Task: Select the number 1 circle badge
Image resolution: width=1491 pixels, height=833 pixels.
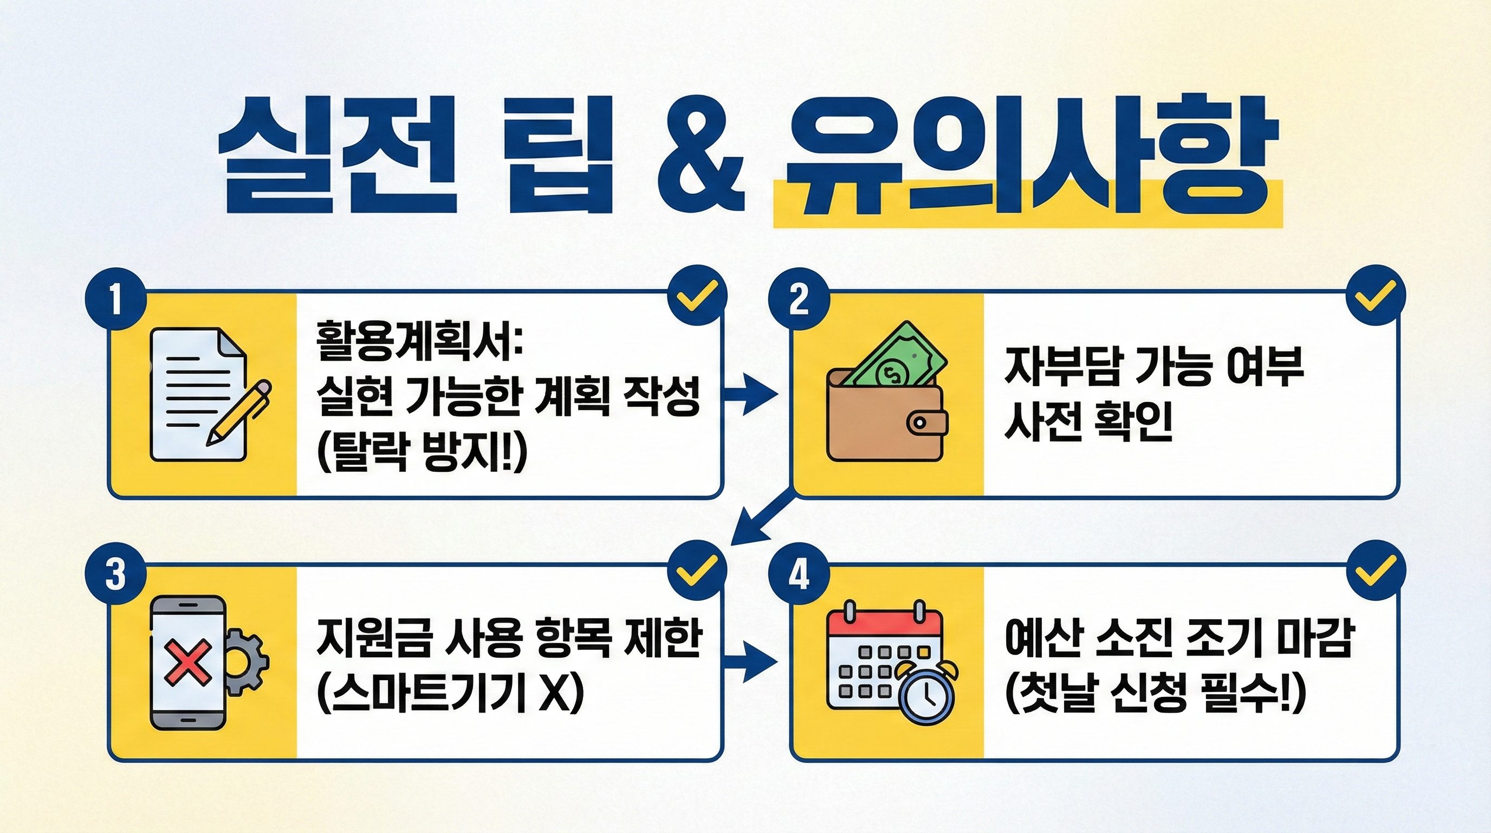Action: (x=116, y=299)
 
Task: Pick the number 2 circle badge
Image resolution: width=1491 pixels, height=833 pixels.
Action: (x=799, y=299)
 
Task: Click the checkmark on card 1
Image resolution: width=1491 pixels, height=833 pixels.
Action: (x=697, y=296)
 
